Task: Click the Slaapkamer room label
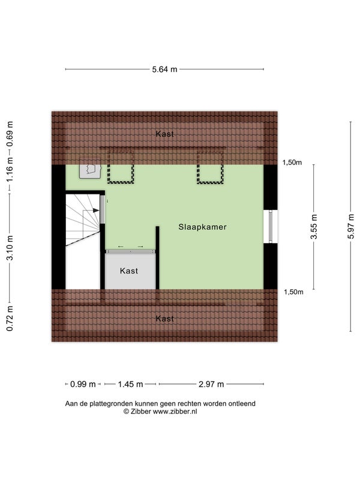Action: (202, 227)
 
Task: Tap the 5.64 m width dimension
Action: (164, 69)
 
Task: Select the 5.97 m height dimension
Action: (351, 226)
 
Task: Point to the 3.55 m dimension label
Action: (314, 227)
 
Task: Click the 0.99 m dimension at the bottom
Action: (83, 384)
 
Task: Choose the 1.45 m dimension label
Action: (130, 384)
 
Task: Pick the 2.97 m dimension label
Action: (211, 384)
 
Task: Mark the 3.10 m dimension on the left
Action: (10, 248)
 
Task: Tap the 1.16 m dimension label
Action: (10, 169)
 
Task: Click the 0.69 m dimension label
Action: (10, 134)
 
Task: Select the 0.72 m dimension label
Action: (10, 319)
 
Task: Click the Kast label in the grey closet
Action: (129, 271)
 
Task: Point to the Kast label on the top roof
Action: (164, 134)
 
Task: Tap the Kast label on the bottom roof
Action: (164, 319)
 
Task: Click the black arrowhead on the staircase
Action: (96, 211)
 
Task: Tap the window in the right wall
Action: (271, 227)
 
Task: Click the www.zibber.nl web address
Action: (175, 412)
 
